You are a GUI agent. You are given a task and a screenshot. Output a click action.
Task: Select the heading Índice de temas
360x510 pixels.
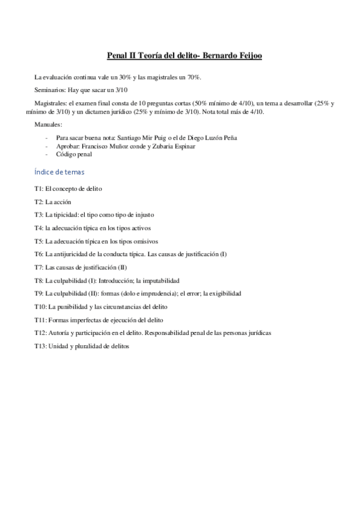pos(60,172)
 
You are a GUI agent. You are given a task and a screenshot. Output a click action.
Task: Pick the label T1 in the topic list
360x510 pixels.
pos(38,188)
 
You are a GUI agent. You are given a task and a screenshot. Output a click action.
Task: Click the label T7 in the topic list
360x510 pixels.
pos(38,268)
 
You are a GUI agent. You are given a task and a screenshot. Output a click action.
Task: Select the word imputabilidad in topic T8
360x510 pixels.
pos(159,281)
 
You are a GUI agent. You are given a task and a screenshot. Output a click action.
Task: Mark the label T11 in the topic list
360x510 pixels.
pos(40,320)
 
